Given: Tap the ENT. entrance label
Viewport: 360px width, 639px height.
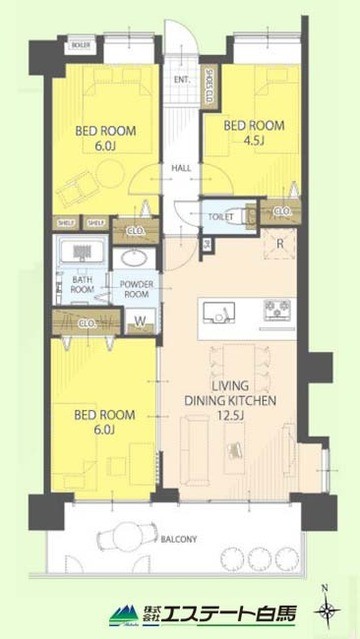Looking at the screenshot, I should tap(182, 80).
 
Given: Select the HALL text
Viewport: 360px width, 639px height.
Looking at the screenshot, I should tap(181, 168).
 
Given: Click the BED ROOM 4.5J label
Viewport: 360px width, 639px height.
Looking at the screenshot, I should tap(254, 133).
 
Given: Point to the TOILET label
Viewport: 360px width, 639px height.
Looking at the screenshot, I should tap(221, 214).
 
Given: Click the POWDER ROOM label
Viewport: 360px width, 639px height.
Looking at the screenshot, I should tap(136, 290).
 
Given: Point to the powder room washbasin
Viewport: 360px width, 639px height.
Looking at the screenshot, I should tap(132, 259).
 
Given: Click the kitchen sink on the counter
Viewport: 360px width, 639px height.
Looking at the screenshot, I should tap(216, 315).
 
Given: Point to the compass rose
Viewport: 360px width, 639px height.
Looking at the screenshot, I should tap(326, 609).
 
